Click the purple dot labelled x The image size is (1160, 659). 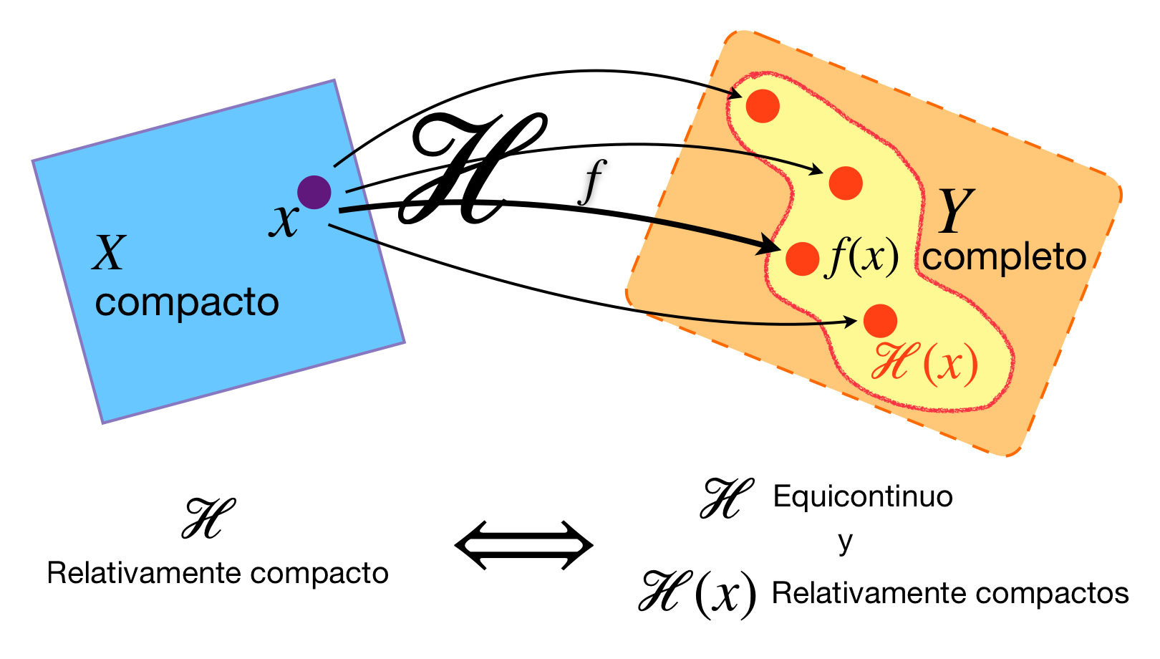314,192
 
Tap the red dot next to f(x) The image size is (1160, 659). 802,258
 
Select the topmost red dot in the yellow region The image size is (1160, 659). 763,106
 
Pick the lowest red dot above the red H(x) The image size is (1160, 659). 880,321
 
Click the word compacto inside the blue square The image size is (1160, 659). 187,303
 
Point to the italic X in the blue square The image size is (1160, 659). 110,253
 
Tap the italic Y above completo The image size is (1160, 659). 956,211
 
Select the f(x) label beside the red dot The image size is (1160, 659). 862,256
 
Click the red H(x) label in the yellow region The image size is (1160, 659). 924,363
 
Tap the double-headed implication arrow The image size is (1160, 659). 524,546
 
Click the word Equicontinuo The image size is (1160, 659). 863,496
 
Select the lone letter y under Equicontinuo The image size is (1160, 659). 846,542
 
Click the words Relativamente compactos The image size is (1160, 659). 950,593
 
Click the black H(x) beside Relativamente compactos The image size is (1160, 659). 697,593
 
